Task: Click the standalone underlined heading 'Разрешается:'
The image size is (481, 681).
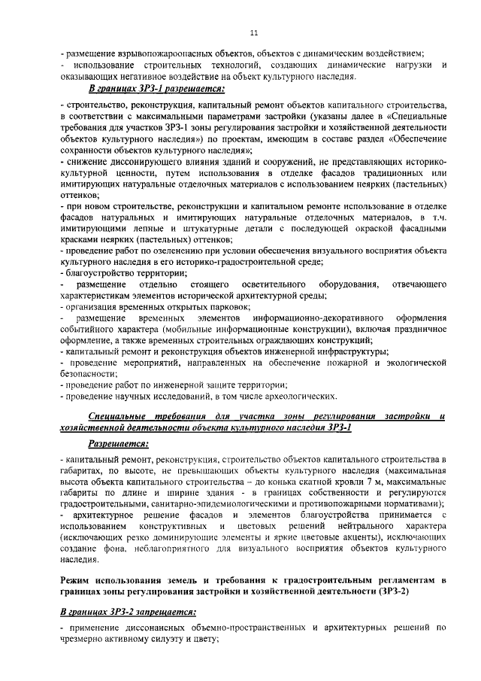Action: (x=118, y=444)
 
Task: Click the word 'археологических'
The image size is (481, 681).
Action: (x=301, y=397)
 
